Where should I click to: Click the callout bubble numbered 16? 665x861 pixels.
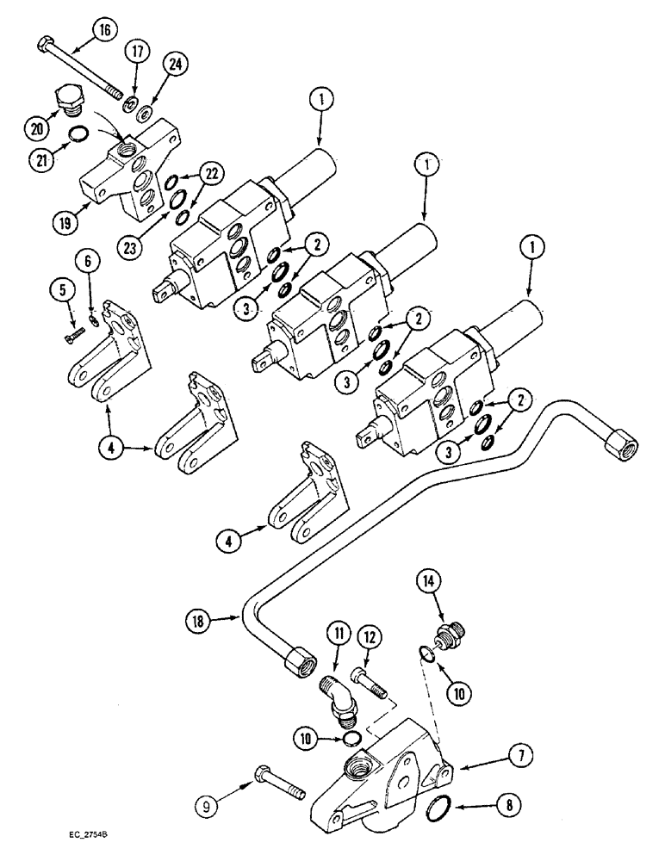coord(103,31)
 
